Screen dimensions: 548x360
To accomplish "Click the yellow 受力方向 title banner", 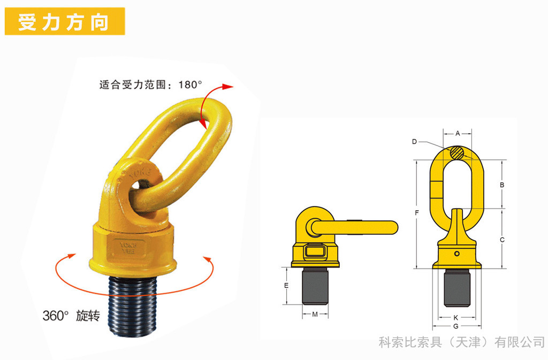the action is click(65, 21).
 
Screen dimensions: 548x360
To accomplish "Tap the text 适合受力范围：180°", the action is click(150, 85).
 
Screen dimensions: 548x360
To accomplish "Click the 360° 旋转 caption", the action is click(71, 316).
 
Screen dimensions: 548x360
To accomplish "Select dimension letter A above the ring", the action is click(458, 133).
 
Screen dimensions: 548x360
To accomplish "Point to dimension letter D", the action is click(415, 142).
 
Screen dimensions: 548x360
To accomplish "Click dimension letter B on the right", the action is click(502, 185).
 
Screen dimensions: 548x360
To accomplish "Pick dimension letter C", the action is click(502, 240).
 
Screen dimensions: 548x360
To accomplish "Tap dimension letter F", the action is click(416, 213).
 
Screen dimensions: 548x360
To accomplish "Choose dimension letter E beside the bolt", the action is click(286, 286).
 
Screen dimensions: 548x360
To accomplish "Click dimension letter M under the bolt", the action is click(315, 314).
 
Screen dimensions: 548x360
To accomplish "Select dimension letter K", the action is click(456, 318).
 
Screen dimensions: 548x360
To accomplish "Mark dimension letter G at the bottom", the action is click(456, 326).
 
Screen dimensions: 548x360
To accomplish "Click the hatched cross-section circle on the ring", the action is click(457, 153).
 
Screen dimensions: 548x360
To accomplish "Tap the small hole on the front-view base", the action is click(457, 254).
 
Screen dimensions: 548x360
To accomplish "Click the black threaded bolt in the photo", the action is click(132, 305).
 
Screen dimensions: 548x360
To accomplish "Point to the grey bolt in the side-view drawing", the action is click(315, 286).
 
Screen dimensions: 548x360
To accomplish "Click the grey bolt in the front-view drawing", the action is click(457, 288).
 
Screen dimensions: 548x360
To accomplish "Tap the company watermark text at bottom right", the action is click(462, 342).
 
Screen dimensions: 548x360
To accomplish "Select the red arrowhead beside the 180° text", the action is click(228, 87).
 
